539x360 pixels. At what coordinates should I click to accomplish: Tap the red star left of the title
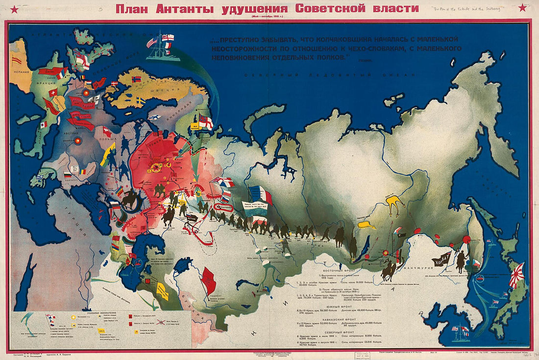click(14, 8)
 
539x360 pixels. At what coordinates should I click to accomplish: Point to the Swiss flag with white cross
click(52, 93)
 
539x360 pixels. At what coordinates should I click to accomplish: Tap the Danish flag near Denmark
click(113, 84)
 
